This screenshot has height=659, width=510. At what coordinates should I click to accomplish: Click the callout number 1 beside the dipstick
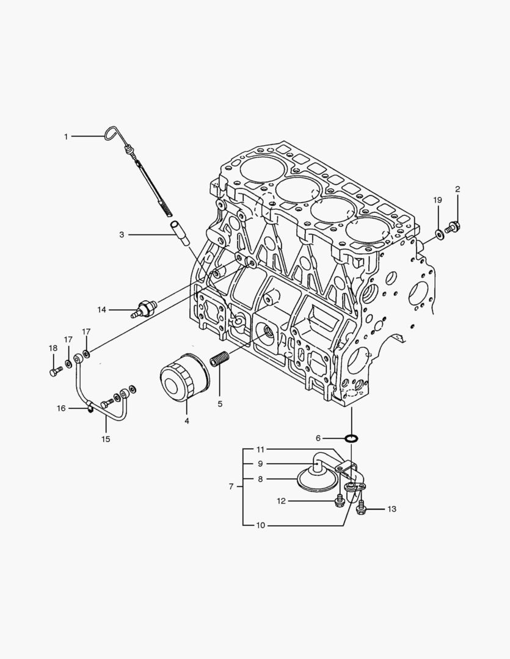(x=66, y=137)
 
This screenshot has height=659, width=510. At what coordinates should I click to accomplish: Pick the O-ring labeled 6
(x=351, y=438)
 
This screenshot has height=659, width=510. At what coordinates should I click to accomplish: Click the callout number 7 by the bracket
(x=231, y=486)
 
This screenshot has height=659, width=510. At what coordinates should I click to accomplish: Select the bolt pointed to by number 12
(x=340, y=501)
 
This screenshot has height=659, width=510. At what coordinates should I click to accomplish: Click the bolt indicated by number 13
(x=360, y=505)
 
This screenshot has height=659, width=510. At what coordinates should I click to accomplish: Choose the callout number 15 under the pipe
(x=106, y=439)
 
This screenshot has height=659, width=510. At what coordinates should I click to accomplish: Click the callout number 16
(x=61, y=408)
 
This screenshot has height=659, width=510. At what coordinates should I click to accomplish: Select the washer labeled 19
(x=439, y=233)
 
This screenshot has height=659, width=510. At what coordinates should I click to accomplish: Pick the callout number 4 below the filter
(x=187, y=420)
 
